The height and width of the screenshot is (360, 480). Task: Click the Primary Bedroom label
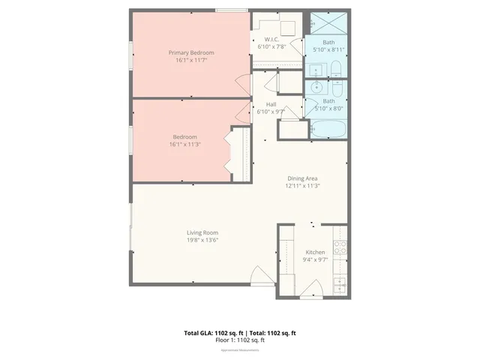(x=191, y=52)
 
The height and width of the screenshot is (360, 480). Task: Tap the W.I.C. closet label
(x=272, y=40)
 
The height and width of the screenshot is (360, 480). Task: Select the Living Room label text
(x=202, y=232)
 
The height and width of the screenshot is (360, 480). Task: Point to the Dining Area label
(x=303, y=178)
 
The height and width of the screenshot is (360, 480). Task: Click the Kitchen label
(x=315, y=252)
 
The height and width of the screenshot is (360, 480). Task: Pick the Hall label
(x=271, y=103)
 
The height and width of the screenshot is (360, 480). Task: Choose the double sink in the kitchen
(x=340, y=285)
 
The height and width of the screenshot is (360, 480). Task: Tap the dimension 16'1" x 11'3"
(x=185, y=145)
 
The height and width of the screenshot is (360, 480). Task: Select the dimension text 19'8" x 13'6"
(x=202, y=241)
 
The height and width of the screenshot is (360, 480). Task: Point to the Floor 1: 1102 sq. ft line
(x=240, y=340)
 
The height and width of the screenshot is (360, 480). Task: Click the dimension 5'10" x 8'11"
(x=328, y=49)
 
